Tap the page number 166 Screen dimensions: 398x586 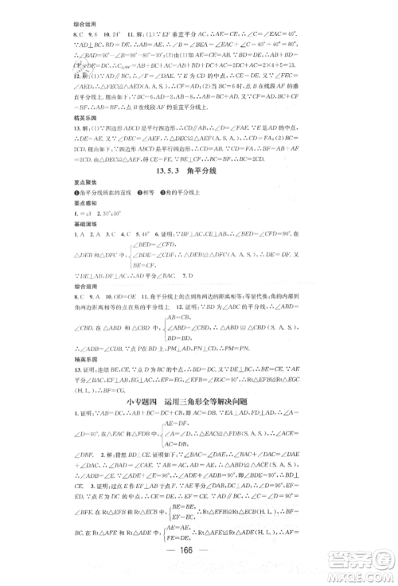tap(198, 555)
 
